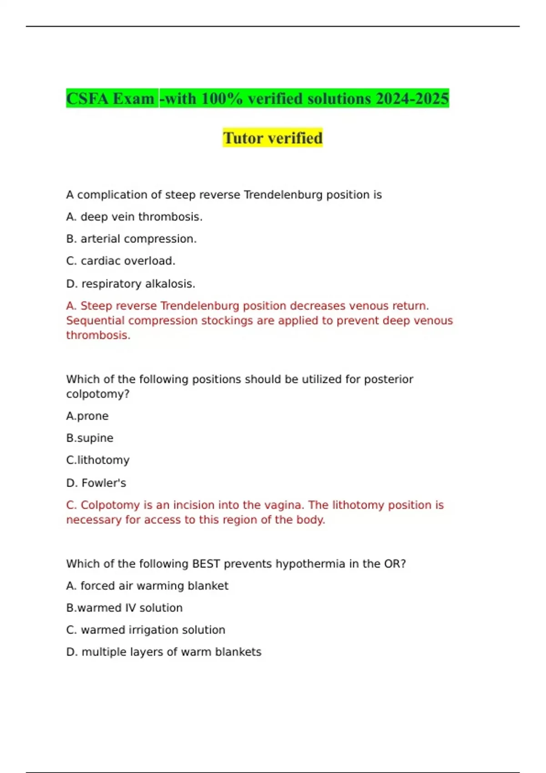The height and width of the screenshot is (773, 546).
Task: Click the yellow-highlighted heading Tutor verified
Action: (x=273, y=138)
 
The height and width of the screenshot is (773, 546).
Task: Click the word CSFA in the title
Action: (x=87, y=99)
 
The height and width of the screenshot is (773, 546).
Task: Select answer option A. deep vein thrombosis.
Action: (x=134, y=217)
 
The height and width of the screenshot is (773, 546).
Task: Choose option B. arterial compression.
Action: (x=131, y=239)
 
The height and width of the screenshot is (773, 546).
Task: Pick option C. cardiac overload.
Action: (x=121, y=261)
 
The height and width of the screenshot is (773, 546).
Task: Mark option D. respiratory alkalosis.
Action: (x=131, y=284)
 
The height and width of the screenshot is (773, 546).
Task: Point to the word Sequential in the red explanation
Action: (x=95, y=321)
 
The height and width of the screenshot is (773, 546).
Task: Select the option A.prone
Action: (x=87, y=416)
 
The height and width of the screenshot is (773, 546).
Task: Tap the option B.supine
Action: (x=90, y=438)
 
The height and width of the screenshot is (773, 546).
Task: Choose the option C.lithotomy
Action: (x=98, y=460)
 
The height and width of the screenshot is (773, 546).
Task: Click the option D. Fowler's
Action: (x=96, y=483)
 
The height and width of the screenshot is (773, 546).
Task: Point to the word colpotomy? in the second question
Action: (x=98, y=394)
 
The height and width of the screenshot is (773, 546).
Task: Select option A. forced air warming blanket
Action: (x=147, y=586)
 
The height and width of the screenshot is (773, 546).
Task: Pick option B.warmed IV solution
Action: (x=124, y=608)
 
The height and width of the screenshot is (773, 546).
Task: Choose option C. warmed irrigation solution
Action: (x=146, y=630)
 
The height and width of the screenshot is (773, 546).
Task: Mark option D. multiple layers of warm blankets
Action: (x=164, y=652)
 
